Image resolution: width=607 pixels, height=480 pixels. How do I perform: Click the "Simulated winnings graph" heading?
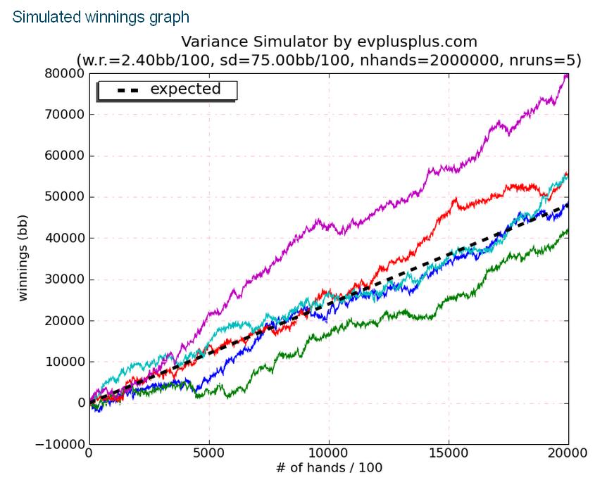click(x=101, y=16)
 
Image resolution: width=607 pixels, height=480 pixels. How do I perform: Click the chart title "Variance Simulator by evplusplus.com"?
click(x=329, y=41)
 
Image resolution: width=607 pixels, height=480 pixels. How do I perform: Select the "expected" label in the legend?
click(x=185, y=89)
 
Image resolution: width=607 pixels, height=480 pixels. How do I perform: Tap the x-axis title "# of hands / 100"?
click(x=329, y=467)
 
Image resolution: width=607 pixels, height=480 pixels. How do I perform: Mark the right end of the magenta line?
click(x=568, y=75)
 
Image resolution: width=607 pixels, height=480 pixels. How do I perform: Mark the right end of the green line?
click(x=568, y=230)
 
